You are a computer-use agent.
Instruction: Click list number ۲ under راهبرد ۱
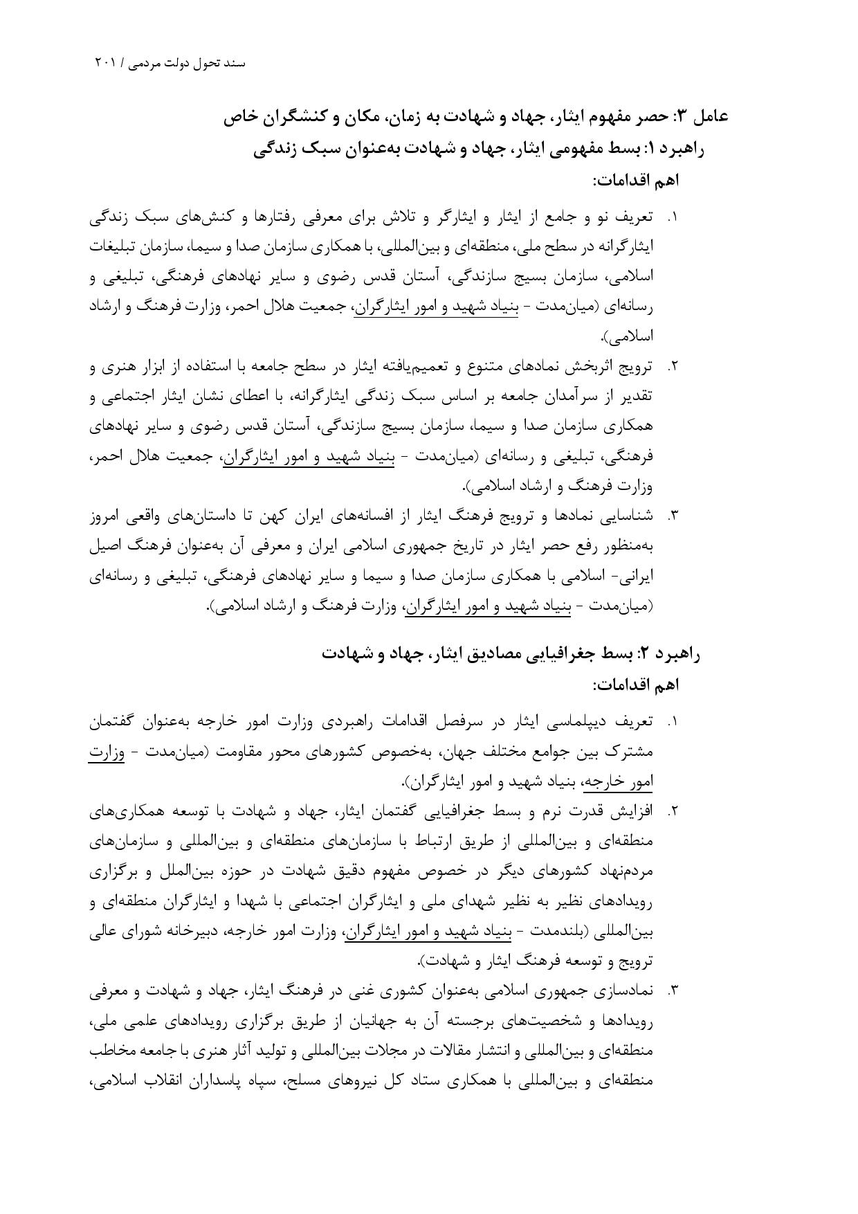pos(671,367)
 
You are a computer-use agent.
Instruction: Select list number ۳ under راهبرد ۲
pos(671,991)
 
